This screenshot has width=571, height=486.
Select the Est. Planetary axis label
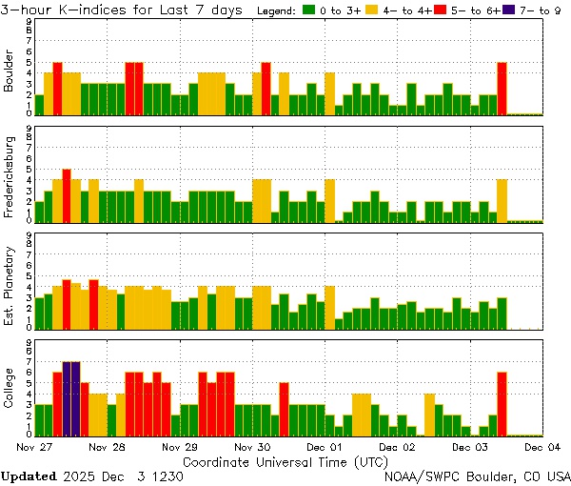click(10, 287)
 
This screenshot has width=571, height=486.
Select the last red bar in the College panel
click(502, 403)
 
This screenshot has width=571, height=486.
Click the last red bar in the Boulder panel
click(502, 89)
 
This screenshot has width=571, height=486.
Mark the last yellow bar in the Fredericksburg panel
click(502, 200)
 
